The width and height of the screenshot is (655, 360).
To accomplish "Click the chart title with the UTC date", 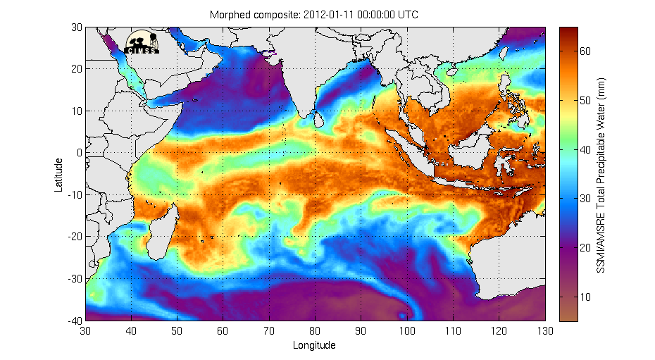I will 315,14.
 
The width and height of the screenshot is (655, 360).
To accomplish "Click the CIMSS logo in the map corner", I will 142,42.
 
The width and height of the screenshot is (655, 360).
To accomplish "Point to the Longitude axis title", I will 314,345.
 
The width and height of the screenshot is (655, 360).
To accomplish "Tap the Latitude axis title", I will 60,174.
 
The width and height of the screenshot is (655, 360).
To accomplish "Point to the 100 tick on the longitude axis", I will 406,329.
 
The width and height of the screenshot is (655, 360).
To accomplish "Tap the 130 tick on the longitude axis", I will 544,329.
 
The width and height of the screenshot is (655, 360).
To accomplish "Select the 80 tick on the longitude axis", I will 315,329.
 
